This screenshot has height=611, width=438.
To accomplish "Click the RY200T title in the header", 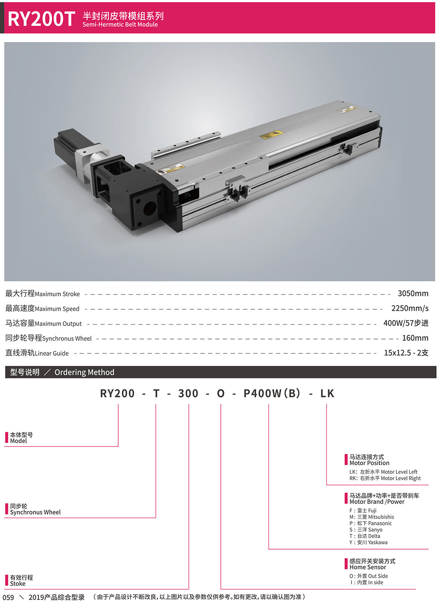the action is pyautogui.click(x=41, y=19).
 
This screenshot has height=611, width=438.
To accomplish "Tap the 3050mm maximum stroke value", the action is pyautogui.click(x=413, y=293).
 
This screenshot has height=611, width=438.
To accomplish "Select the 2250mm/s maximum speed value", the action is pyautogui.click(x=410, y=308).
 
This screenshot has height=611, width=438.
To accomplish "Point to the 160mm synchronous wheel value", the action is pyautogui.click(x=415, y=338).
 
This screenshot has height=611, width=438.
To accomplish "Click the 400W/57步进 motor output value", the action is pyautogui.click(x=406, y=323).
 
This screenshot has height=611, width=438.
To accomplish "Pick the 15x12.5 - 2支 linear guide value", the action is pyautogui.click(x=406, y=353).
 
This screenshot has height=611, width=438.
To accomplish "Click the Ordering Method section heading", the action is pyautogui.click(x=84, y=372).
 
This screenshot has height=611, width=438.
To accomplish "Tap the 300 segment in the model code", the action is pyautogui.click(x=188, y=393).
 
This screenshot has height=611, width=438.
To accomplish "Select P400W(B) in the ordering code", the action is pyautogui.click(x=272, y=393).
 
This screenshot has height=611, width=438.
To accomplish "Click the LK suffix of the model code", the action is pyautogui.click(x=327, y=393).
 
